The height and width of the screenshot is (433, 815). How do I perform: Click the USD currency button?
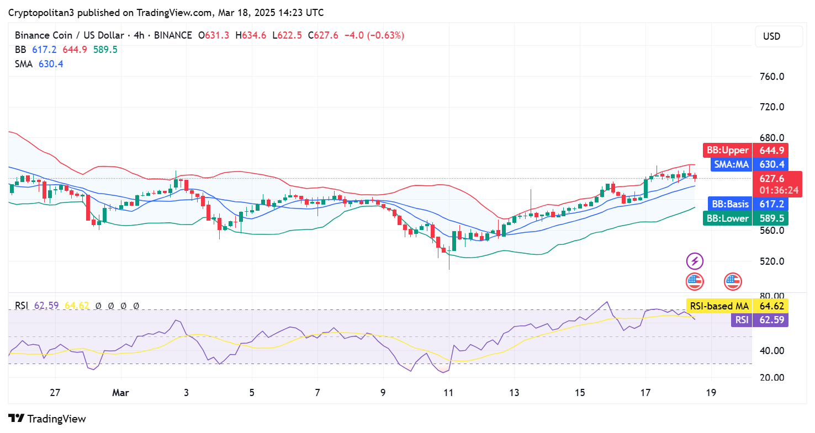coord(779,36)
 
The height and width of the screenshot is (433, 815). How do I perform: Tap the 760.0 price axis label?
coord(771,76)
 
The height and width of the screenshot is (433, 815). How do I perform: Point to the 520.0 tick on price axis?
coord(771,261)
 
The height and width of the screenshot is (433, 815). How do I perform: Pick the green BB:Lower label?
coord(728,218)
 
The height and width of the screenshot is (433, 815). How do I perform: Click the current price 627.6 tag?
coord(772,179)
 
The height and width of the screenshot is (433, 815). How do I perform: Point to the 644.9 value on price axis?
coord(772,150)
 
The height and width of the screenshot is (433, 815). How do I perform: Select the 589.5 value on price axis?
coord(772,218)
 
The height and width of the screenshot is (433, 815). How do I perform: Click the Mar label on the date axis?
coord(120,393)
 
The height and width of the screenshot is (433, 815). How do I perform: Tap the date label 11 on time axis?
coord(448,393)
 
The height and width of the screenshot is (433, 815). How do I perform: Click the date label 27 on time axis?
coord(55,393)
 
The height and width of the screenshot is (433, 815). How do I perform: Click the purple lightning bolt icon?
coord(695,261)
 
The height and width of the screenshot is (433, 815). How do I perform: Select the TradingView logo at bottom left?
coord(47,419)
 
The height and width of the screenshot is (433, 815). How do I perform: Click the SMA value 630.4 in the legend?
coord(50,64)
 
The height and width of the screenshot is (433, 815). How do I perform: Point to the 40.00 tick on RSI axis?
coord(772,350)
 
